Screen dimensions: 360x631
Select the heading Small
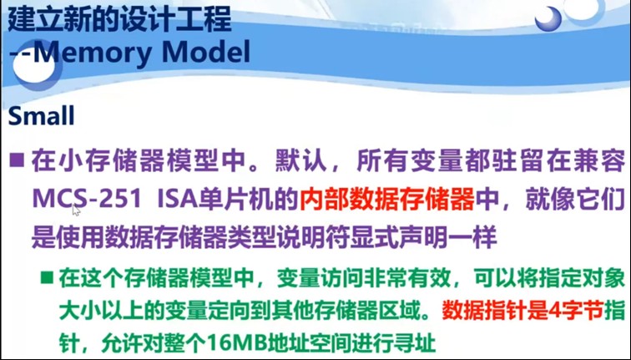(42, 116)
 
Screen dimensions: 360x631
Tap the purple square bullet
(17, 160)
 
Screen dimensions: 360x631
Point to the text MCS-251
(79, 200)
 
